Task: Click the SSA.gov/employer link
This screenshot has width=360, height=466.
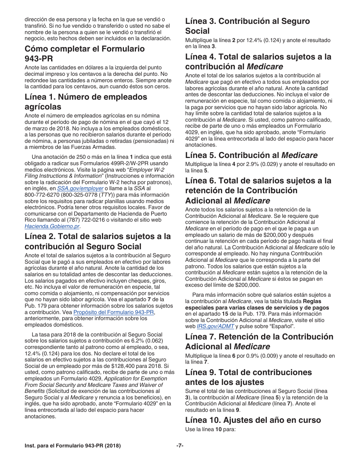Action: click(80, 188)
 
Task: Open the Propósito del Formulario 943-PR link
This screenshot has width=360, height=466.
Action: click(114, 312)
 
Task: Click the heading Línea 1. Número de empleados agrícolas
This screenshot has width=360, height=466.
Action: click(86, 102)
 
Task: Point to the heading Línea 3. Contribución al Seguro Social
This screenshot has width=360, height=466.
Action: click(247, 26)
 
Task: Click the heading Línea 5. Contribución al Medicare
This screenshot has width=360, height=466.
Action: click(251, 155)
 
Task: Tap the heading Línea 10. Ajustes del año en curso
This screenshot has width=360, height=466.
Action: click(253, 420)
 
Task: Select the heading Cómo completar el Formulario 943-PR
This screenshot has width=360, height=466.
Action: click(85, 53)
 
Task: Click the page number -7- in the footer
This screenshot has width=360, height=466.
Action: click(180, 446)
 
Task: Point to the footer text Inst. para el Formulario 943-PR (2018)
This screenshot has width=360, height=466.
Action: click(73, 446)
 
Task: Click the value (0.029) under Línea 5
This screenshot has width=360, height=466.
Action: click(286, 164)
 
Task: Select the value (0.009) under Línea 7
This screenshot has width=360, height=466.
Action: click(286, 356)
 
